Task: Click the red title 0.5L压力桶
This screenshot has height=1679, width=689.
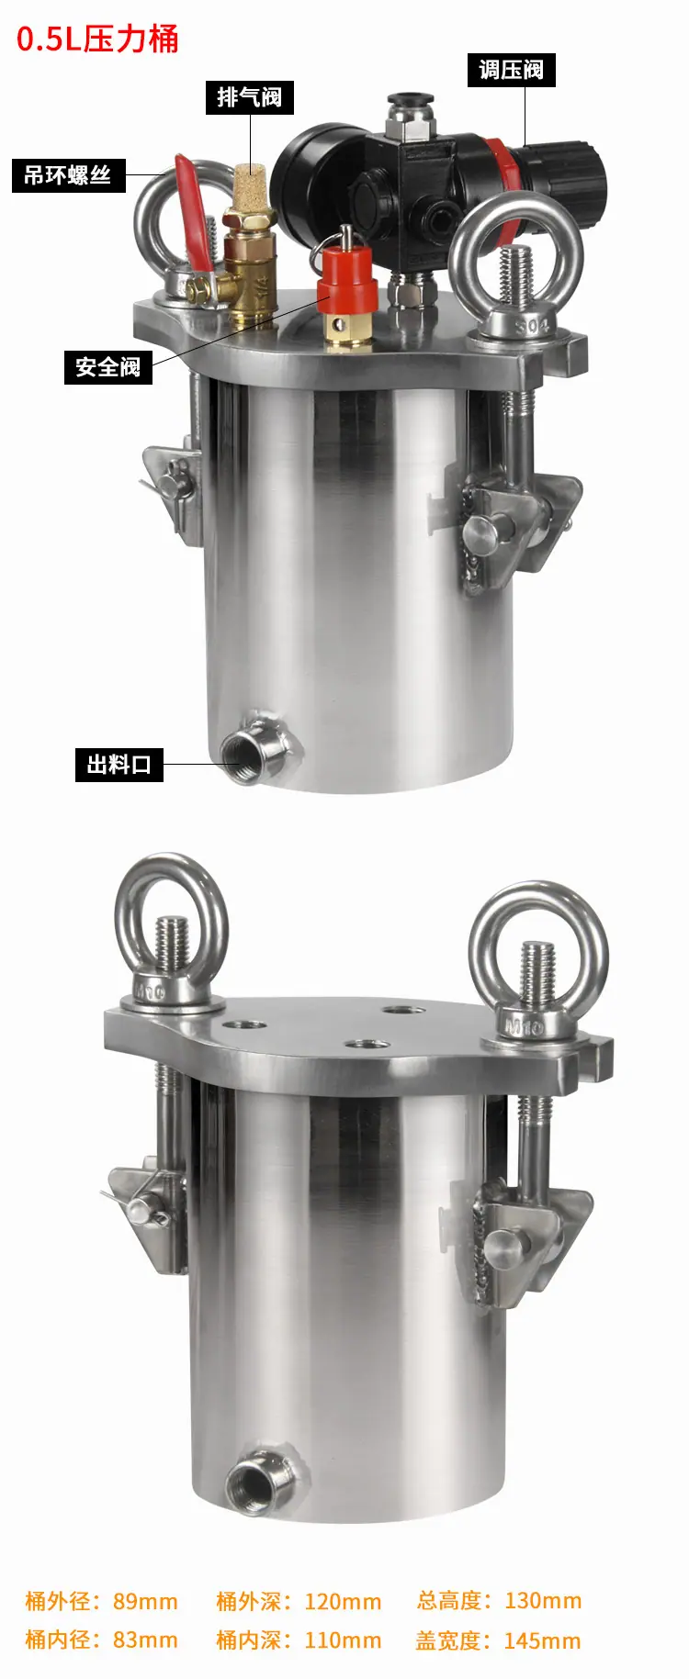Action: click(x=97, y=39)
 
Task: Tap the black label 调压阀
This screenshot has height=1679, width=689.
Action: click(x=511, y=70)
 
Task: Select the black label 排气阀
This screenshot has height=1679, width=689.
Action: click(x=249, y=97)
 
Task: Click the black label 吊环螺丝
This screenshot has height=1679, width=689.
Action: click(x=67, y=175)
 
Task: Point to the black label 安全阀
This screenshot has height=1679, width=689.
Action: click(x=107, y=367)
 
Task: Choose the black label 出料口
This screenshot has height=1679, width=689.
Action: click(x=119, y=764)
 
